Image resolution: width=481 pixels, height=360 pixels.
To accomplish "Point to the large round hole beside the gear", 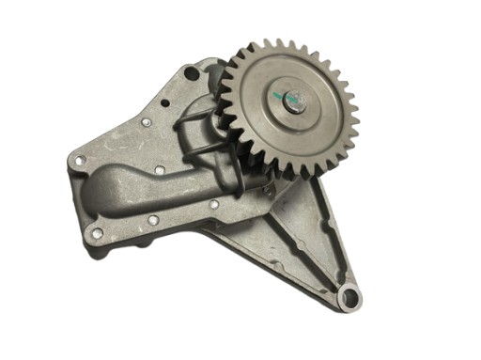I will [192, 72].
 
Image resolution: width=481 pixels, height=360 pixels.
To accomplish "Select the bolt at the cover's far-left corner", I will [78, 163].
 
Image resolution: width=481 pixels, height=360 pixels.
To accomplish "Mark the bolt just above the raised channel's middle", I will [159, 169].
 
